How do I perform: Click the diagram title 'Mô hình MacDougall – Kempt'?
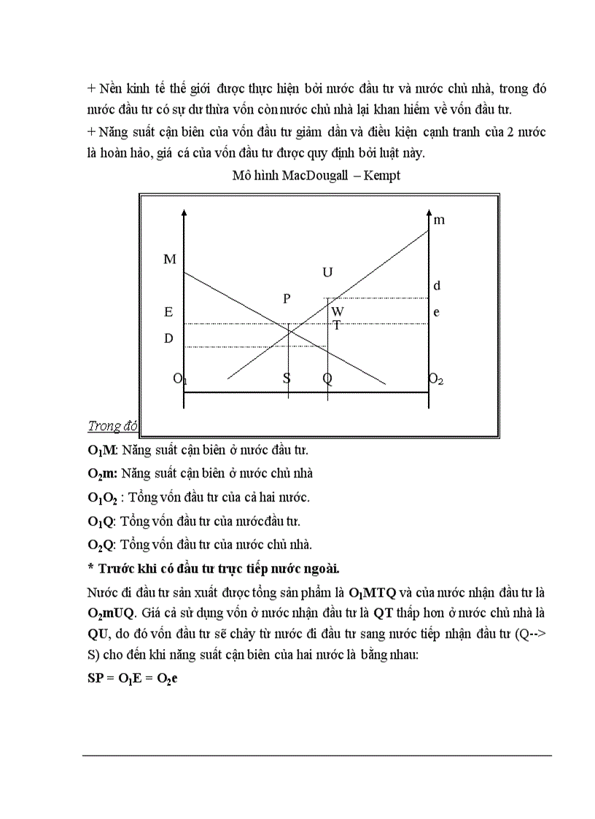pyautogui.click(x=316, y=176)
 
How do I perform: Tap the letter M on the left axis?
pyautogui.click(x=169, y=259)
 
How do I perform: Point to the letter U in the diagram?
pyautogui.click(x=327, y=272)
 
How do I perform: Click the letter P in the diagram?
pyautogui.click(x=287, y=298)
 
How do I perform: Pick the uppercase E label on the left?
pyautogui.click(x=168, y=311)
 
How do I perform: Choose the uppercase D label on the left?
pyautogui.click(x=168, y=338)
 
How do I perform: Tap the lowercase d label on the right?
pyautogui.click(x=437, y=286)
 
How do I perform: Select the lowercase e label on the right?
pyautogui.click(x=437, y=311)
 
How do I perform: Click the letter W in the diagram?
pyautogui.click(x=337, y=311)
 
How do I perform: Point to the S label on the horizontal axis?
pyautogui.click(x=287, y=379)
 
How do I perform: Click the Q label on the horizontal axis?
pyautogui.click(x=327, y=379)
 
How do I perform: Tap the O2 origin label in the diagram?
pyautogui.click(x=436, y=379)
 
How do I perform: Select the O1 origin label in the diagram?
pyautogui.click(x=179, y=379)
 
